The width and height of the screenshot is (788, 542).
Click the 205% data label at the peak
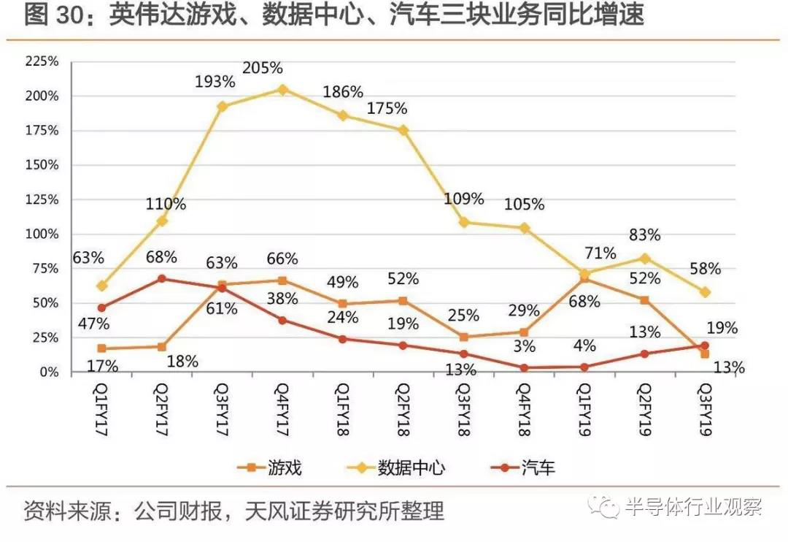click(262, 68)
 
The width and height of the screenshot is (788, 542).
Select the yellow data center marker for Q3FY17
click(223, 107)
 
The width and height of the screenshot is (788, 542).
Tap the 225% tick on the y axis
click(42, 61)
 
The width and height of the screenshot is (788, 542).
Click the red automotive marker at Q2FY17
click(161, 278)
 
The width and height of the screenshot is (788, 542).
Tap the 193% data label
click(215, 82)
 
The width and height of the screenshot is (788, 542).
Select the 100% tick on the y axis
click(42, 234)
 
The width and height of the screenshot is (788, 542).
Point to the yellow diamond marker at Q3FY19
click(704, 292)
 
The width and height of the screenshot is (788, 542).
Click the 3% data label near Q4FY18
click(524, 346)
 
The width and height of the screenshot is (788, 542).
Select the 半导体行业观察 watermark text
click(694, 507)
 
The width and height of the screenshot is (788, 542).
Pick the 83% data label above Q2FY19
click(645, 235)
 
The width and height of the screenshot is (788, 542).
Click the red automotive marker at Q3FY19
click(704, 346)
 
